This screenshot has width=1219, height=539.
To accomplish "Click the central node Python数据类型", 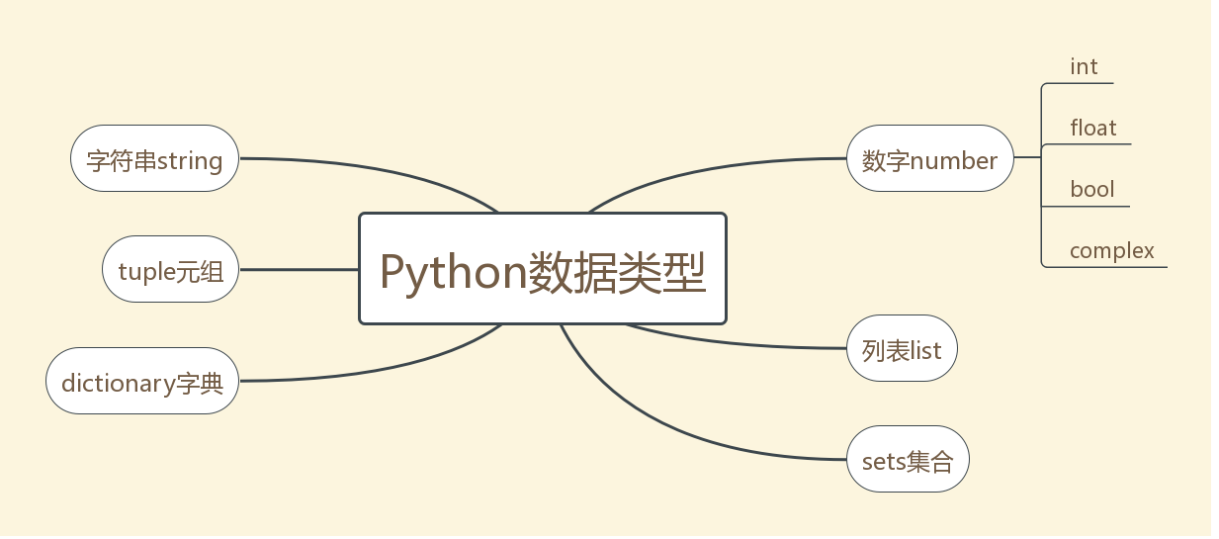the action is pyautogui.click(x=543, y=269).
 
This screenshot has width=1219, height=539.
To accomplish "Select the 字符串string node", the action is pyautogui.click(x=154, y=158).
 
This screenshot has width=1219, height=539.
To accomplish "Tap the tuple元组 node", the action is pyautogui.click(x=171, y=269).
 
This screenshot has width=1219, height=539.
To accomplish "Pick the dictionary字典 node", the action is pyautogui.click(x=142, y=381).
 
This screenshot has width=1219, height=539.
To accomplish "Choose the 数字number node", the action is pyautogui.click(x=930, y=158).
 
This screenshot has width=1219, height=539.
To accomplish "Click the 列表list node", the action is pyautogui.click(x=902, y=348).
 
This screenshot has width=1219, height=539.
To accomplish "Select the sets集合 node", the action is pyautogui.click(x=908, y=459).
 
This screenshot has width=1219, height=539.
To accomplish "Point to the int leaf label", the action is pyautogui.click(x=1084, y=67).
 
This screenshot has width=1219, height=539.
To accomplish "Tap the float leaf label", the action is pyautogui.click(x=1092, y=128).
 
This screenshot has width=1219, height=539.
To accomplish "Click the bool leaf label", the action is pyautogui.click(x=1092, y=190).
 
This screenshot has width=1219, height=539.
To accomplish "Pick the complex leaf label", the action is pyautogui.click(x=1112, y=251).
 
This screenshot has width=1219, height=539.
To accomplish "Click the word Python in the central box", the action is pyautogui.click(x=454, y=273).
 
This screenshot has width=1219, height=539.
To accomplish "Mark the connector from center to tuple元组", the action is pyautogui.click(x=299, y=269).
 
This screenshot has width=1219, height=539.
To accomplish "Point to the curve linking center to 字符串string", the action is pyautogui.click(x=381, y=170).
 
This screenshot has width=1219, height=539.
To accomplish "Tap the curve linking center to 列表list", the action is pyautogui.click(x=735, y=343).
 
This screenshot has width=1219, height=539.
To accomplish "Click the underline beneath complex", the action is pyautogui.click(x=1104, y=267).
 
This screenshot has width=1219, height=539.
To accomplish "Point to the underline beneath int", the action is pyautogui.click(x=1078, y=83).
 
